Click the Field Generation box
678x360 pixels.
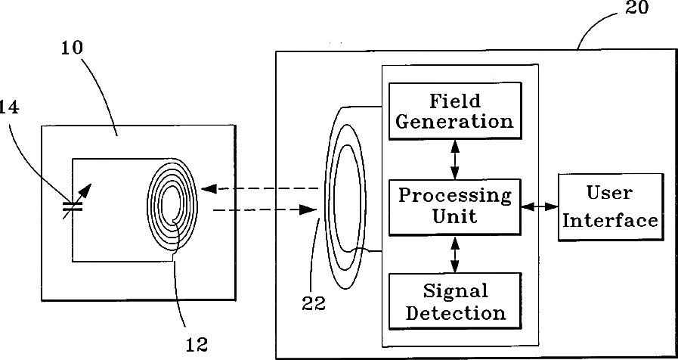point(454,110)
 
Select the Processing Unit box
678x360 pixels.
point(454,205)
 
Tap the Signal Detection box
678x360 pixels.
point(454,300)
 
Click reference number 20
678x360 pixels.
point(637,8)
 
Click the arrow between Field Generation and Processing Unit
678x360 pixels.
point(454,158)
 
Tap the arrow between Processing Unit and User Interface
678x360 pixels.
point(538,205)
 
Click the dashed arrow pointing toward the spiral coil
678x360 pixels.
point(257,188)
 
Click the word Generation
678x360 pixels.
point(454,122)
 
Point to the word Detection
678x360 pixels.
point(455,312)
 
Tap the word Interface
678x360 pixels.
point(609,220)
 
